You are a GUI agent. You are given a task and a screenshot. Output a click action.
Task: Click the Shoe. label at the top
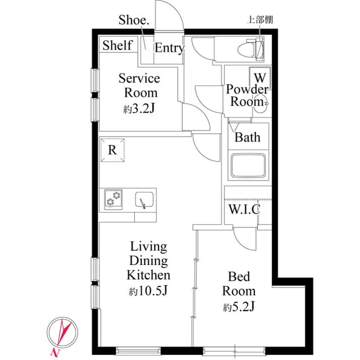[134, 20]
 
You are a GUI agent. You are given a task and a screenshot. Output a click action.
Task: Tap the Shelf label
[117, 46]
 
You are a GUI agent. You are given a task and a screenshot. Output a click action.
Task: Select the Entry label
[169, 48]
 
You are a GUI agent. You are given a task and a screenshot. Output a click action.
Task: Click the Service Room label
[138, 85]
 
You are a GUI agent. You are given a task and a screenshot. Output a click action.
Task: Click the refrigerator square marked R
[112, 150]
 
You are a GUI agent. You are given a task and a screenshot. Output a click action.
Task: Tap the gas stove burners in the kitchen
[113, 199]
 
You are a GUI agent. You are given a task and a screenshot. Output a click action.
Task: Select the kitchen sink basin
[145, 200]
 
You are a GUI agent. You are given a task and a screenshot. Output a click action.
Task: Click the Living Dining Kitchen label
[148, 261]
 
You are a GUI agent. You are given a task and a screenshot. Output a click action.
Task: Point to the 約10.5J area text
[148, 291]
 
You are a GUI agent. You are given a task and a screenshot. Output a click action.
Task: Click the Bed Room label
[238, 283]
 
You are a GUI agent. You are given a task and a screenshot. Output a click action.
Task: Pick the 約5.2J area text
[238, 307]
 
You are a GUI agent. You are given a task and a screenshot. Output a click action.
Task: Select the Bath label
[247, 137]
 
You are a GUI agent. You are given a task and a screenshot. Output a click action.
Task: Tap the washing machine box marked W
[260, 76]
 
